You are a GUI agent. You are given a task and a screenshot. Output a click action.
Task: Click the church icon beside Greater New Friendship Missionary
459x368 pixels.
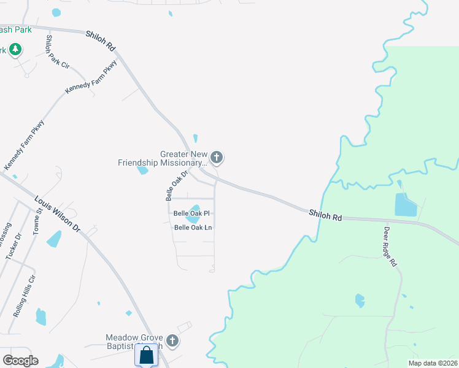click(x=216, y=158)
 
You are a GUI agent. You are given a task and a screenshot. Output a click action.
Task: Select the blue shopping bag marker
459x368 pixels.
click(x=147, y=355)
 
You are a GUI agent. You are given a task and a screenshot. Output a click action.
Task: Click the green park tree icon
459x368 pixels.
click(x=15, y=50)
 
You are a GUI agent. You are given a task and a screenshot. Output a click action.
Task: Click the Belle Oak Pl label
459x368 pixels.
click(x=191, y=213)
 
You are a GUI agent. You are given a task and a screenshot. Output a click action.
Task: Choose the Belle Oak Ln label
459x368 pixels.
click(x=193, y=228)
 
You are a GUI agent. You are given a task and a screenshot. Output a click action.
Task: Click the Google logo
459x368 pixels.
click(x=20, y=361)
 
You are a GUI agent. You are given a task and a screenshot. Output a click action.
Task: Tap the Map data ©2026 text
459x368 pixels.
click(x=432, y=363)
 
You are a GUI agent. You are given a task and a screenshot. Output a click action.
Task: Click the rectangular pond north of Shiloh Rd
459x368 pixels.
click(x=405, y=205)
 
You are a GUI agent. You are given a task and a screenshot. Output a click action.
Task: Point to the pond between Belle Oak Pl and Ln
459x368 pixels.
click(x=194, y=213)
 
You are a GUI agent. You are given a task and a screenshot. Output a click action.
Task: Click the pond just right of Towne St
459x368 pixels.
click(x=54, y=238)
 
